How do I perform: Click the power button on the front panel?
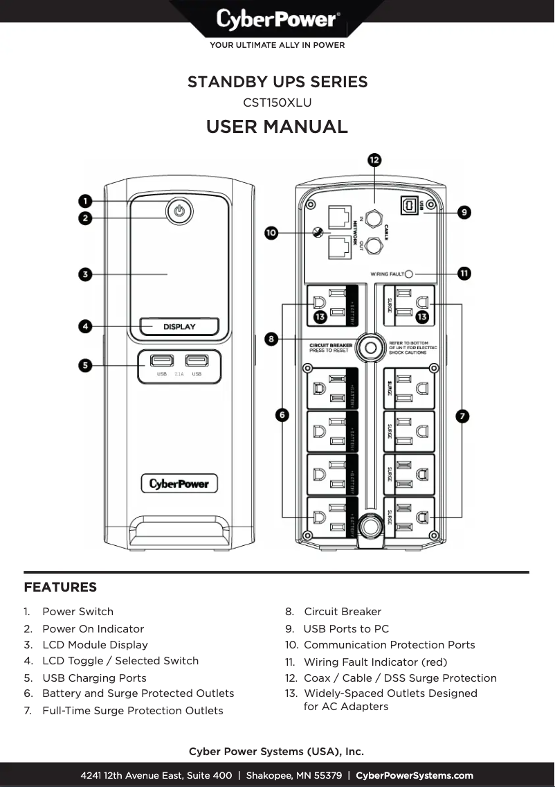[179, 211]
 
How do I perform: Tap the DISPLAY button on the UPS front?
[179, 326]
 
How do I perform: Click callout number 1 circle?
[85, 201]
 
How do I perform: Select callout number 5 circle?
[85, 364]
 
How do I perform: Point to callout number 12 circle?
[374, 160]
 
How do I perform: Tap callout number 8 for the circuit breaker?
[272, 339]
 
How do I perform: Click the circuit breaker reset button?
[371, 346]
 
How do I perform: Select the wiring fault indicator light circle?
[408, 274]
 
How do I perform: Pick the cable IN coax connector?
[374, 218]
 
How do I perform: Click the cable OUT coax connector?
[374, 245]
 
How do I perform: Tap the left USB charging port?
[161, 361]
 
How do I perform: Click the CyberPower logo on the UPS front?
[179, 483]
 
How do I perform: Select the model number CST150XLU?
[277, 103]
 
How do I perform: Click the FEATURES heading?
[60, 587]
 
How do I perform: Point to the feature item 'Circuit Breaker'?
[343, 612]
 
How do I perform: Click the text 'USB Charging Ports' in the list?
[94, 678]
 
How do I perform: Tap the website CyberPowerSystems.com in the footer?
[415, 775]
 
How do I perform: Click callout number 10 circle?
[272, 233]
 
